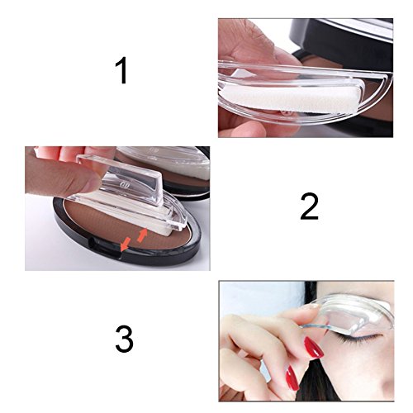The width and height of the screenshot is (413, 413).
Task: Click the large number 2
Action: [x=309, y=206]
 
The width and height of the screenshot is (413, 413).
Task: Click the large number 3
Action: [x=124, y=339]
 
